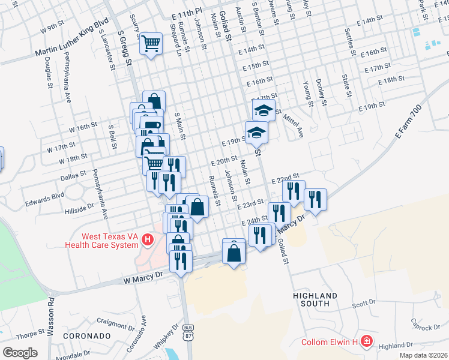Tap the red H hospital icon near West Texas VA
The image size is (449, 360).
click(148, 241)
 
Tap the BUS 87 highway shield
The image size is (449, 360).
click(189, 331)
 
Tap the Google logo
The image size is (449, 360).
click(20, 353)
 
